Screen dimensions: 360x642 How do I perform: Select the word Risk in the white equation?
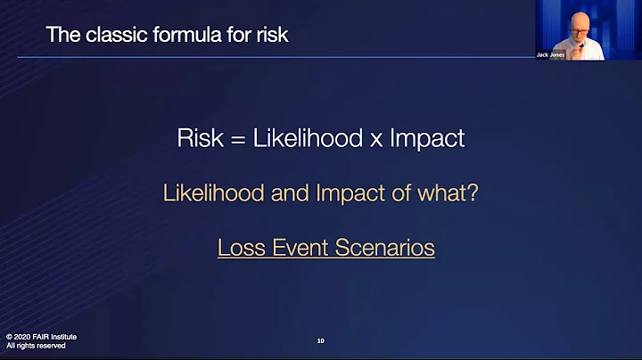(x=197, y=138)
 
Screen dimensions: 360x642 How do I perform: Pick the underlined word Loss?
(x=238, y=248)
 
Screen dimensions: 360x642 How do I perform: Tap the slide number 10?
(x=321, y=340)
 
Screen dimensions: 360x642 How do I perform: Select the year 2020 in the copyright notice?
(x=28, y=336)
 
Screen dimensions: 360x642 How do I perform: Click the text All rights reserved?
(x=36, y=346)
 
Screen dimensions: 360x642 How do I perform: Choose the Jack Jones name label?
(x=550, y=54)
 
